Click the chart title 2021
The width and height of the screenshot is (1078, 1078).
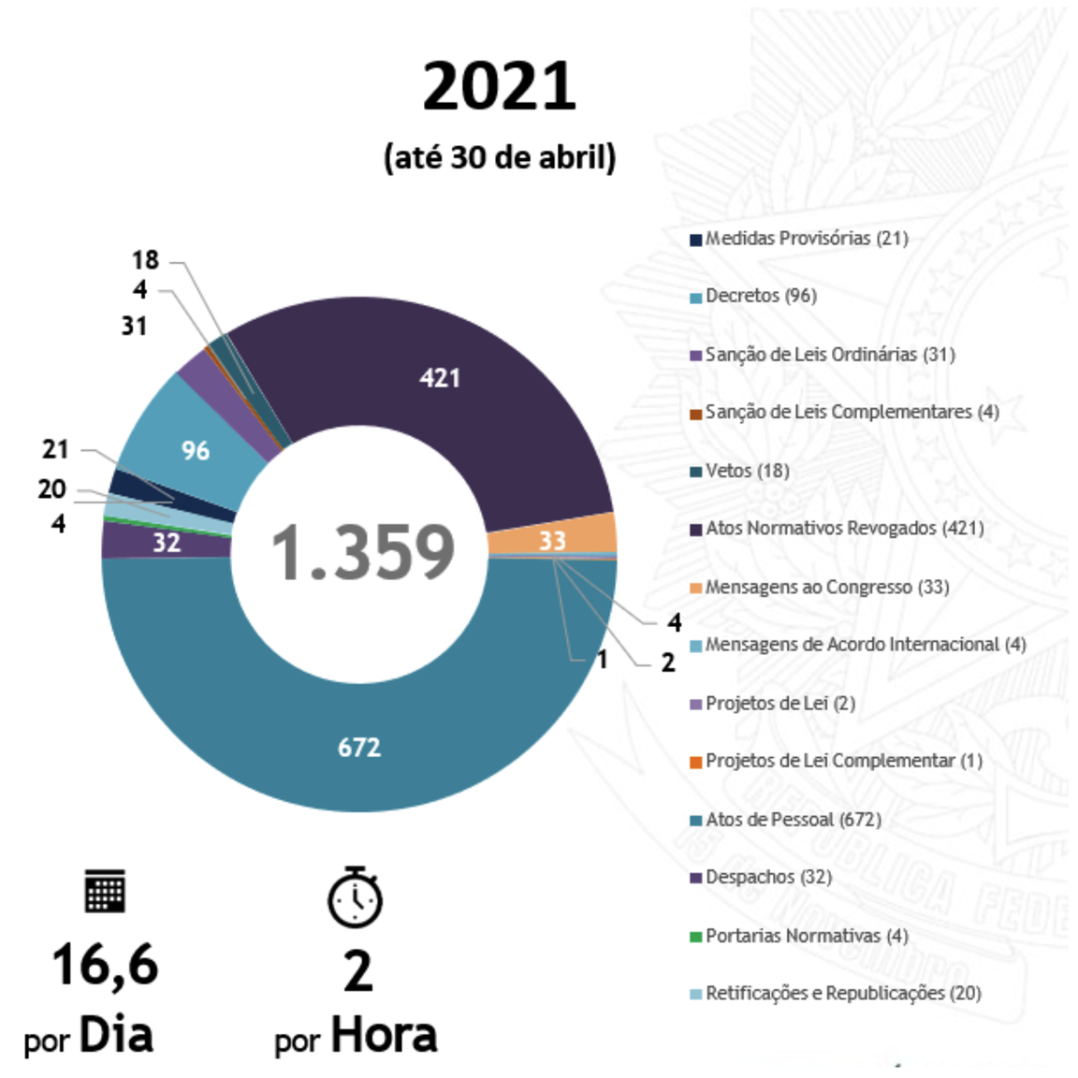499,86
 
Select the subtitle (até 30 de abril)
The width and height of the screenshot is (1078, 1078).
500,157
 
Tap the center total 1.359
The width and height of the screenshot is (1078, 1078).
362,552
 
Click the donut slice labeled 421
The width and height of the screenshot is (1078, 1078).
440,378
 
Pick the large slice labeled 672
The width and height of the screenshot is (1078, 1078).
359,747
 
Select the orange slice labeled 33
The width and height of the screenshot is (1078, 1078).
552,540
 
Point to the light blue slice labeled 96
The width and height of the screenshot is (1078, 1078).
196,450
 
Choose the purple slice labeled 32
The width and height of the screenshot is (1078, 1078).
167,543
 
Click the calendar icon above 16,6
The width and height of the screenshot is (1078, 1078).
105,891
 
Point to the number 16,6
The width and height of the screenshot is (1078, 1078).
105,965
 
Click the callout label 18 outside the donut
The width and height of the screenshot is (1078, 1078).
145,260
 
